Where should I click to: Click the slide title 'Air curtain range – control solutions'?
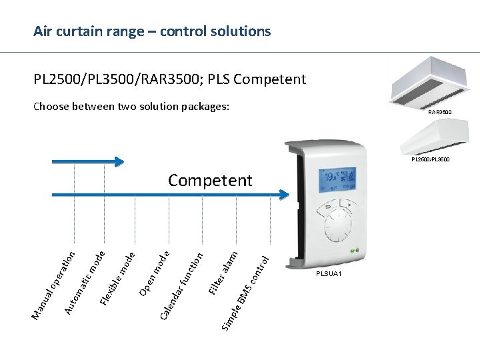(152, 31)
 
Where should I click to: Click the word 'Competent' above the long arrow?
(210, 180)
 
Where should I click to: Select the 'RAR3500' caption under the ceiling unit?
(439, 112)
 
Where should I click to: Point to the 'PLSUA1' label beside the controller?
(329, 274)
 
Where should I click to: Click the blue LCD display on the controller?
(337, 179)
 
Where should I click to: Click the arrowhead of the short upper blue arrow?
(119, 161)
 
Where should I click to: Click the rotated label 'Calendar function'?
(182, 283)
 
